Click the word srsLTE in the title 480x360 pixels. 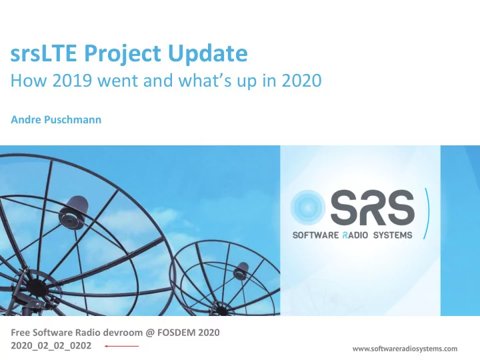click(x=43, y=53)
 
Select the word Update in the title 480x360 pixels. click(x=207, y=53)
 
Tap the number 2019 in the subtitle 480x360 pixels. click(x=72, y=81)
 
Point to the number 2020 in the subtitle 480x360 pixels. click(x=302, y=81)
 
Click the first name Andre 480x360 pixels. click(x=26, y=119)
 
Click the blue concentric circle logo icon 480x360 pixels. click(x=307, y=207)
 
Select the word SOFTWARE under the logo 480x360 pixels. click(x=315, y=235)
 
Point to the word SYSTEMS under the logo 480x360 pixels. click(x=393, y=235)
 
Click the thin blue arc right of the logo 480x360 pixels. click(x=427, y=213)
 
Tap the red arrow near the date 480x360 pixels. click(x=121, y=346)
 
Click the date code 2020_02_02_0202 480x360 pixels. click(x=51, y=345)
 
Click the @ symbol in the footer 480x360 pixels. click(x=150, y=333)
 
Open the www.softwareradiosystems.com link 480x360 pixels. click(x=405, y=349)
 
